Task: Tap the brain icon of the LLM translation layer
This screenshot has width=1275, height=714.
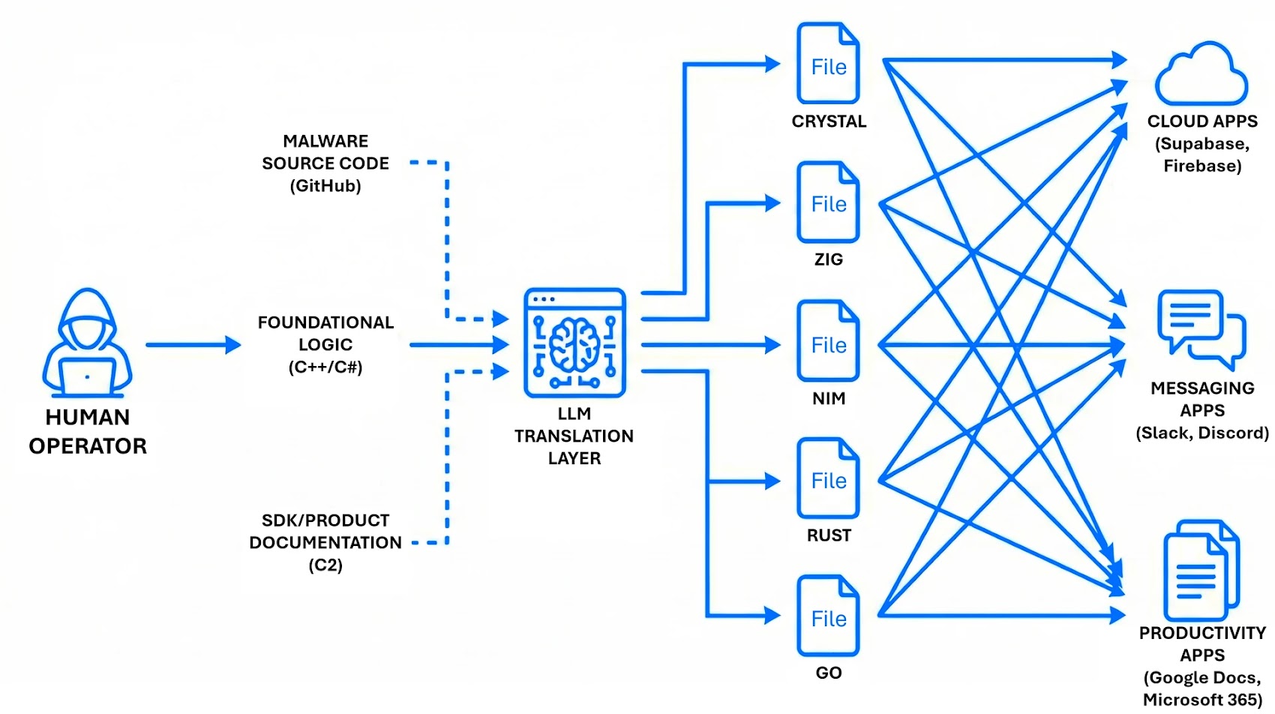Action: [574, 343]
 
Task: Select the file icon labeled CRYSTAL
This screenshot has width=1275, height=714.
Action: [828, 64]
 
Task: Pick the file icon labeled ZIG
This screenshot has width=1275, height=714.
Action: [828, 202]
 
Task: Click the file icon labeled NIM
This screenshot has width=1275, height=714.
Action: [828, 342]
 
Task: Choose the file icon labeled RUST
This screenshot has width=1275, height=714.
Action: [828, 478]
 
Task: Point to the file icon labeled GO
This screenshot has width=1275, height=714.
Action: [828, 616]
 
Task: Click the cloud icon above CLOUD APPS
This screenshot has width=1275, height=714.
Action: [1201, 75]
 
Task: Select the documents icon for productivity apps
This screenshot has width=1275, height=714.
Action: [1201, 570]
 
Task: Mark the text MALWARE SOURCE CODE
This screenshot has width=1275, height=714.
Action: [325, 152]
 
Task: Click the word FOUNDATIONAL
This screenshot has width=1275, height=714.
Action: [325, 322]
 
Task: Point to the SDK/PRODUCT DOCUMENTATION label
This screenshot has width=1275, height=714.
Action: [325, 531]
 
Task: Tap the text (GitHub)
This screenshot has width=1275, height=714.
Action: [325, 186]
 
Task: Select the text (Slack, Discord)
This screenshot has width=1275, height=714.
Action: [1202, 433]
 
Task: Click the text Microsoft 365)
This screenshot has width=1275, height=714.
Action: [1202, 700]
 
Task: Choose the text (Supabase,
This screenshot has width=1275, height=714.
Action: [1202, 143]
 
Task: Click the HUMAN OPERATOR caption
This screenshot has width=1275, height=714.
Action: [88, 431]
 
